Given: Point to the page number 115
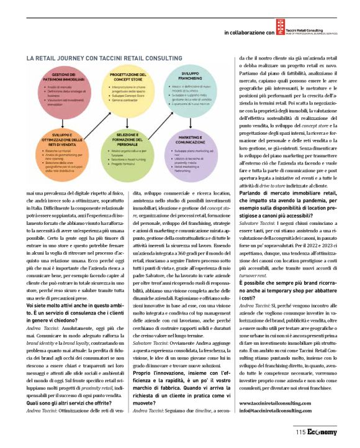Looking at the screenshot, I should pos(300,432).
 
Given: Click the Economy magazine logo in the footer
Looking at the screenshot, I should pos(322,432).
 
